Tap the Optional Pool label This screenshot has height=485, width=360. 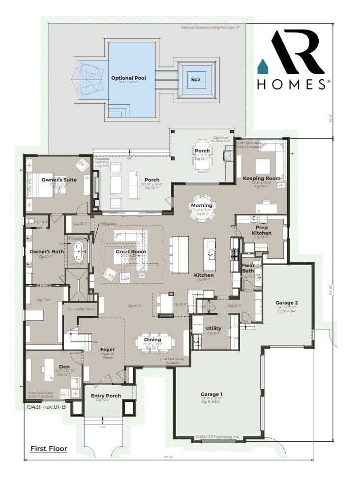pos(128,78)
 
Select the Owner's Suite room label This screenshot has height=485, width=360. pos(59,180)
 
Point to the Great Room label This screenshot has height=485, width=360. pos(130,251)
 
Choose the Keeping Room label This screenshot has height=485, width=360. pos(262,178)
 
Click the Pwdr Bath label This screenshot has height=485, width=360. pos(248,268)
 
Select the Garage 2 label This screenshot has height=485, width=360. pos(286,303)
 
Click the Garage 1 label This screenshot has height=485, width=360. pos(212,394)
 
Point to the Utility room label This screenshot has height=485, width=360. pos(213,328)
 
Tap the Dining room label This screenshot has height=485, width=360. pos(152,339)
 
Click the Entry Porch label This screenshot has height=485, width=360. pos(103,395)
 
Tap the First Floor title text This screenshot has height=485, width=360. pos(49,449)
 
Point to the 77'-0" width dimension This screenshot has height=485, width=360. pos(169,457)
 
